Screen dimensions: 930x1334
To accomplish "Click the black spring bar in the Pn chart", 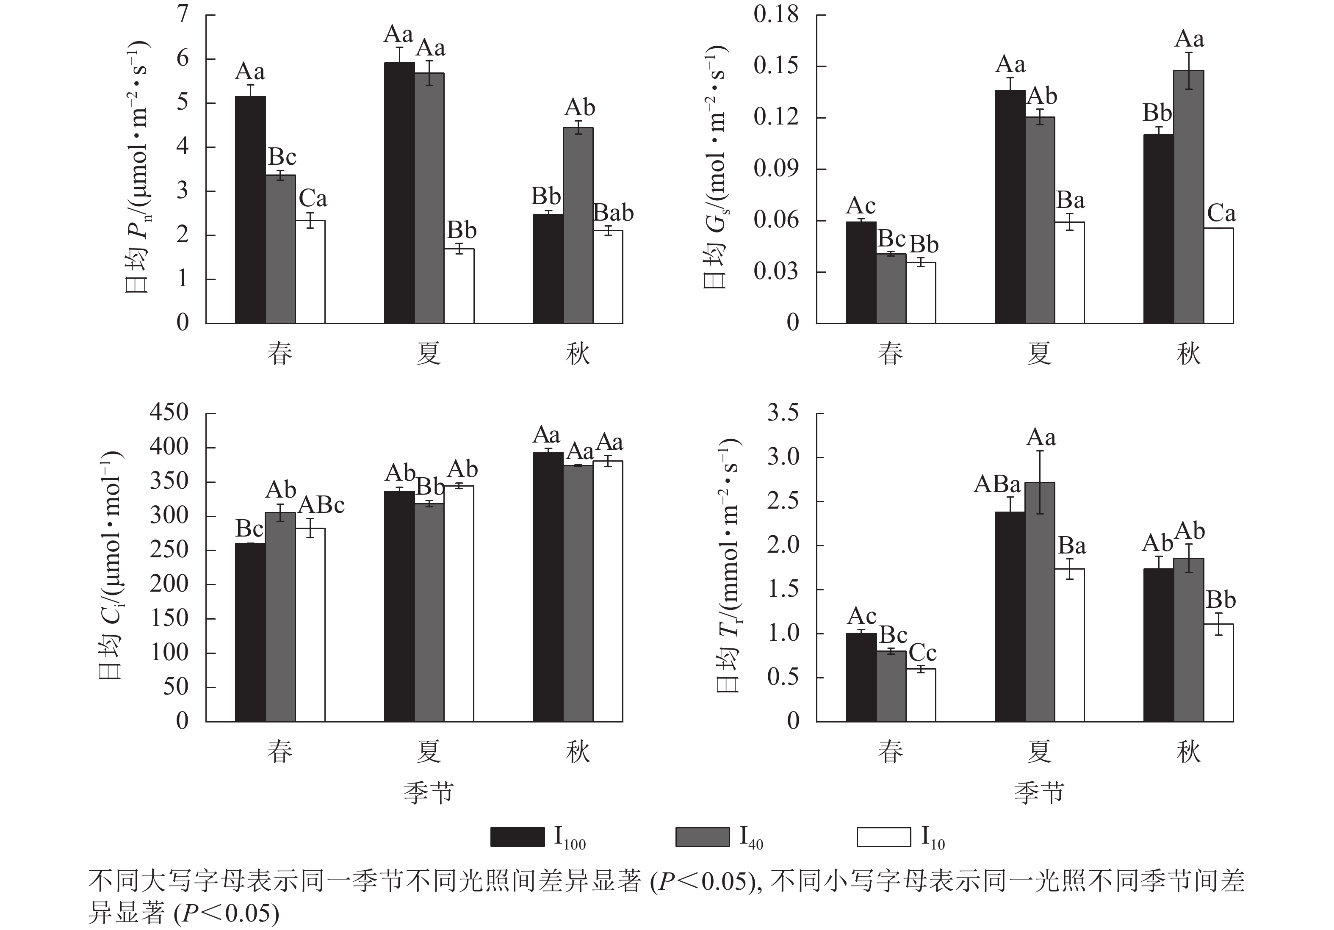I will click(x=250, y=209).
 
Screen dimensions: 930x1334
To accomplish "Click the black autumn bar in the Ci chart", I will click(x=548, y=587).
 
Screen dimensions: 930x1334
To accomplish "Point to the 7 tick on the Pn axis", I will click(x=183, y=14).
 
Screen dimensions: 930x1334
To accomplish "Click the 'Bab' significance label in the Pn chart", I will click(x=613, y=213).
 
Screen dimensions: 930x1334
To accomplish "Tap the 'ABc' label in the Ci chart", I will click(x=321, y=505).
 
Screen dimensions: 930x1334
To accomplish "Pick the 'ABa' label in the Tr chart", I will click(x=997, y=484).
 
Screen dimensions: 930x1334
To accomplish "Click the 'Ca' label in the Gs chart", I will click(x=1221, y=214).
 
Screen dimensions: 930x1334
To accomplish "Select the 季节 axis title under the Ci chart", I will click(x=428, y=792).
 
